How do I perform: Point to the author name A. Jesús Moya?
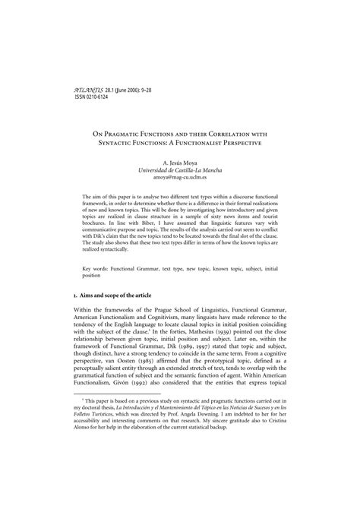tap(180, 163)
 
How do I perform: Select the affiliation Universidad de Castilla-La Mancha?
tap(180, 172)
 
